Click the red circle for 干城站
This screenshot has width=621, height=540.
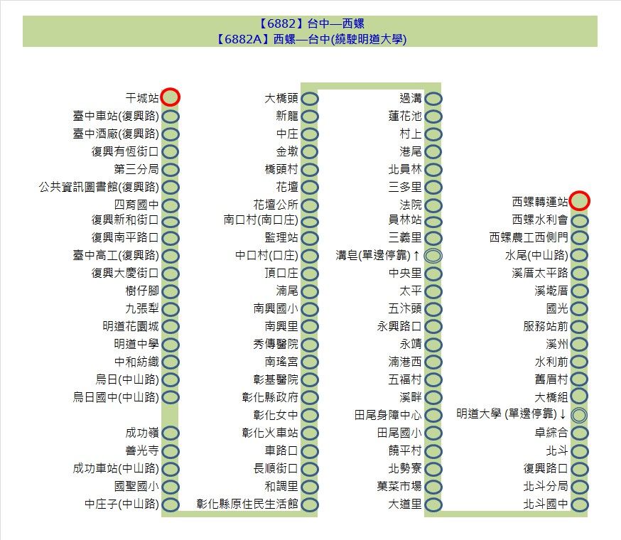click(x=171, y=97)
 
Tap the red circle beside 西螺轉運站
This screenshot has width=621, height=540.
click(x=579, y=201)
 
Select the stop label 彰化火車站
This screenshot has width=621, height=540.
click(x=270, y=433)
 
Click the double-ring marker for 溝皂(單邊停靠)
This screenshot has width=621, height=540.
click(x=433, y=256)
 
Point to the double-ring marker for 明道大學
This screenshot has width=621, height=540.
click(x=579, y=415)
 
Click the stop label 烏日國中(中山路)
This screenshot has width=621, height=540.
click(x=116, y=397)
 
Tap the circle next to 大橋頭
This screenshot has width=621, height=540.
click(x=310, y=99)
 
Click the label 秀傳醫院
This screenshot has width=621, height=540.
click(x=276, y=344)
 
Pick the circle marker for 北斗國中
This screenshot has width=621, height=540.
click(x=579, y=504)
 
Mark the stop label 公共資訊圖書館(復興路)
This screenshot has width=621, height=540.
click(x=99, y=187)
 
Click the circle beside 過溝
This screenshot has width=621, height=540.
click(x=433, y=99)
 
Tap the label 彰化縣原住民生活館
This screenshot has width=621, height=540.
click(x=247, y=504)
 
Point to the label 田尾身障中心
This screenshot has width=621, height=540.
click(x=388, y=415)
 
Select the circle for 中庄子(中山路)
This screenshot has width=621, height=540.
click(x=171, y=504)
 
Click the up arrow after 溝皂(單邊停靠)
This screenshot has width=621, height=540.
click(x=416, y=256)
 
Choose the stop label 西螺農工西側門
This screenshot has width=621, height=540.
click(x=529, y=237)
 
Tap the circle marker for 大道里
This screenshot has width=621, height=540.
click(x=433, y=504)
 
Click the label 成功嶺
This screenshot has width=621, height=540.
click(x=142, y=433)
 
